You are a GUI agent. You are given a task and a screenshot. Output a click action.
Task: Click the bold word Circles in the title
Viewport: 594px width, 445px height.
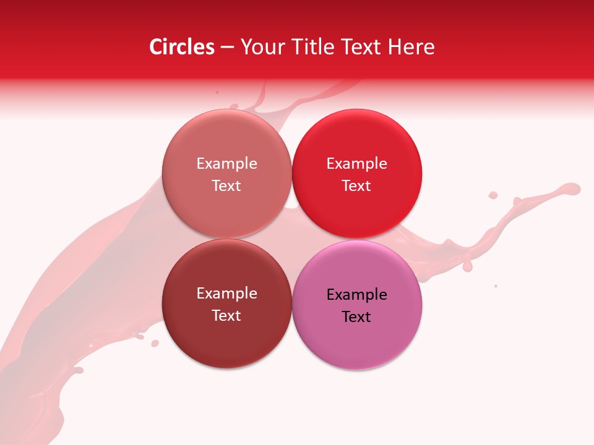pyautogui.click(x=182, y=47)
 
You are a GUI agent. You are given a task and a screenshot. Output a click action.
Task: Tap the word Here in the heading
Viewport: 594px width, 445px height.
pyautogui.click(x=411, y=47)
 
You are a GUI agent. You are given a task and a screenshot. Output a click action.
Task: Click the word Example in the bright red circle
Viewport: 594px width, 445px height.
pyautogui.click(x=356, y=164)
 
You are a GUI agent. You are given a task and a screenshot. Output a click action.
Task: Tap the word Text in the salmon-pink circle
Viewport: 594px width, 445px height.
pyautogui.click(x=226, y=185)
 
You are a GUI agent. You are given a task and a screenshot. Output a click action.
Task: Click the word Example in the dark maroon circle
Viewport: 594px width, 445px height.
pyautogui.click(x=226, y=294)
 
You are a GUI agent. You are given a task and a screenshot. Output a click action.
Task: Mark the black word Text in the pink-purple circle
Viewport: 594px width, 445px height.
pyautogui.click(x=356, y=317)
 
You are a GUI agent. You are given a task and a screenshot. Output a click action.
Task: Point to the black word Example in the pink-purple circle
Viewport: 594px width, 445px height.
pyautogui.click(x=356, y=295)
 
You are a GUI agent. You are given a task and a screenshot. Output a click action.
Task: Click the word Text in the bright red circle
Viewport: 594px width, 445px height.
pyautogui.click(x=356, y=185)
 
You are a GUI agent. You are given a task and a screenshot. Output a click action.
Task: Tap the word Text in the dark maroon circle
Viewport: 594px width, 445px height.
pyautogui.click(x=226, y=315)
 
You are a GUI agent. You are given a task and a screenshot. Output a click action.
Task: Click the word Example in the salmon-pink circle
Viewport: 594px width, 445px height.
pyautogui.click(x=226, y=164)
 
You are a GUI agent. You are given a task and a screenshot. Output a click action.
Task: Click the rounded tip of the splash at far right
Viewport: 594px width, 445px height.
pyautogui.click(x=574, y=189)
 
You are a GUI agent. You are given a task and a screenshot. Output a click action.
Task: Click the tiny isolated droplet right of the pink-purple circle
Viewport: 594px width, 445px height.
pyautogui.click(x=496, y=286)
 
